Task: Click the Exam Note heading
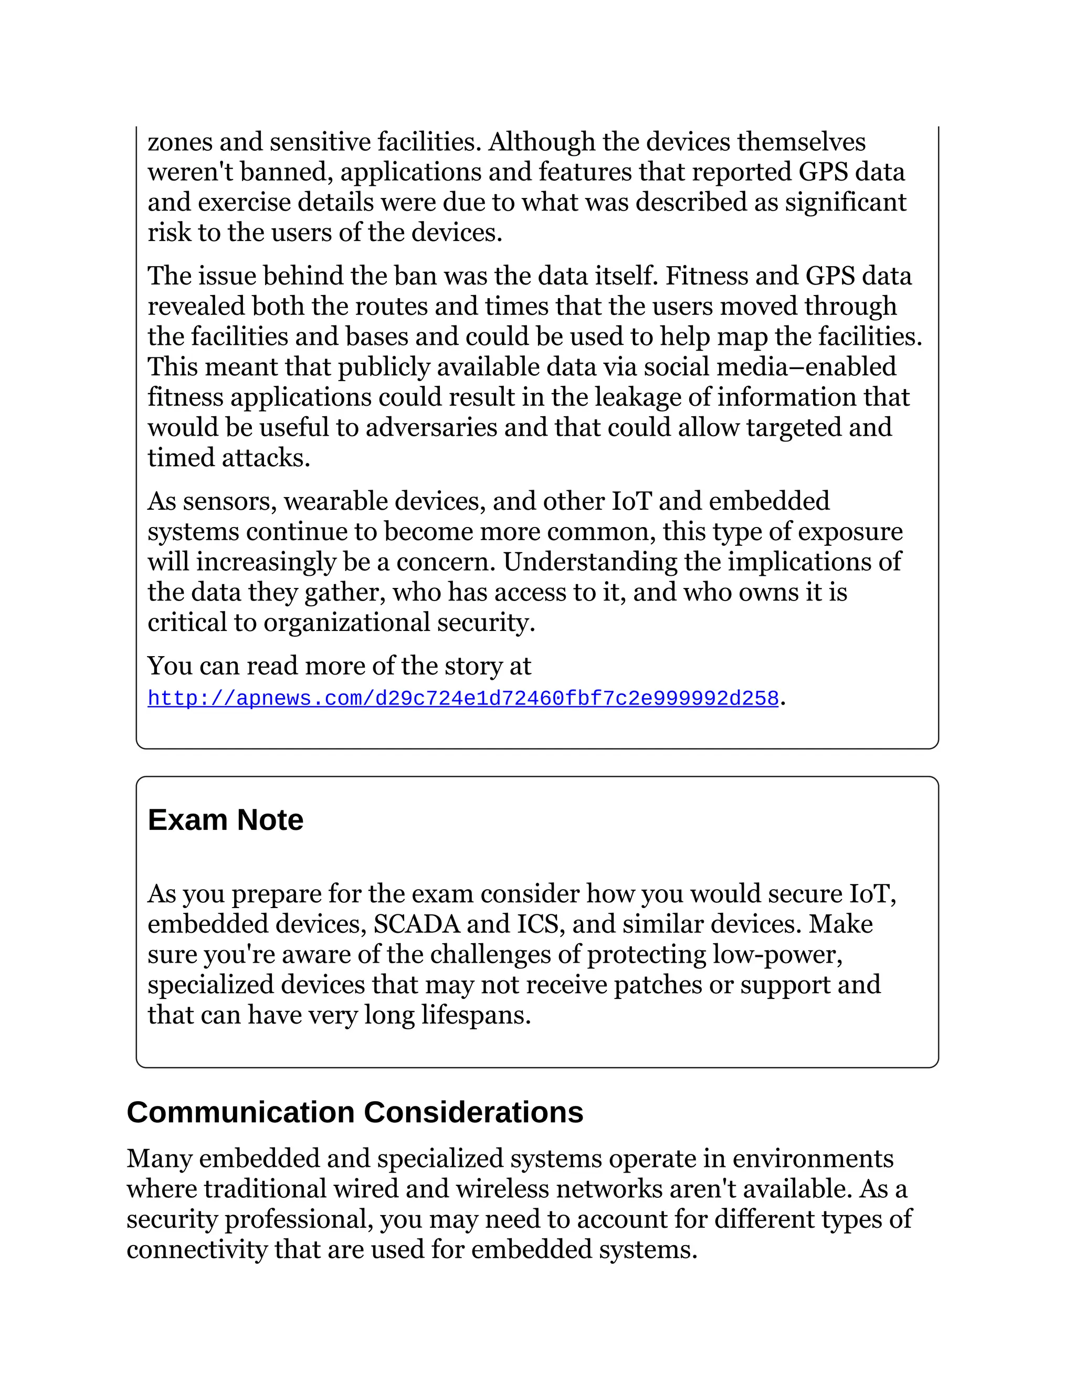pos(225,820)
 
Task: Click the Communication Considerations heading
pos(355,1113)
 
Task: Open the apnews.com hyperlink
pos(463,699)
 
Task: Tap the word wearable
pos(335,501)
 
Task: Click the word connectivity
pos(197,1250)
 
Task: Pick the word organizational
pos(346,622)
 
